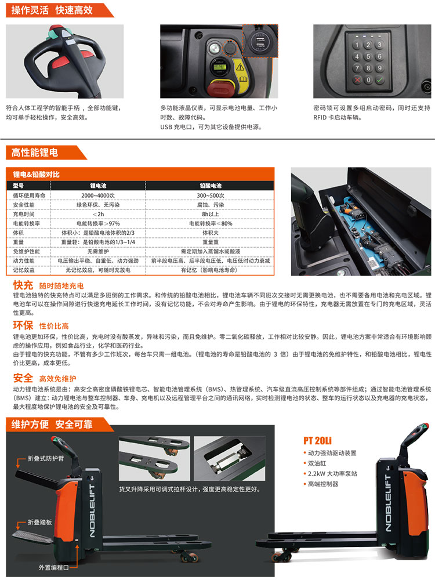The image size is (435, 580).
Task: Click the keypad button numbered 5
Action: [368, 57]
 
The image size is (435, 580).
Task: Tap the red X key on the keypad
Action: [357, 79]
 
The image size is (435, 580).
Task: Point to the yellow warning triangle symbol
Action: [240, 67]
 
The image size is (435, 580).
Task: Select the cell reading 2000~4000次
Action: [98, 195]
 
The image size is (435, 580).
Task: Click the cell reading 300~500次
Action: [211, 195]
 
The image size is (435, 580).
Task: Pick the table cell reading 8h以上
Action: [211, 214]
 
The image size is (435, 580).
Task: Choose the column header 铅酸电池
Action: [211, 186]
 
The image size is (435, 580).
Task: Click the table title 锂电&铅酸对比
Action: [36, 175]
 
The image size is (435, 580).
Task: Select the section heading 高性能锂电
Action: [34, 153]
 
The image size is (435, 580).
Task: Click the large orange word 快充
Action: [23, 285]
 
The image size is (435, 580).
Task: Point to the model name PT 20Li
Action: [317, 441]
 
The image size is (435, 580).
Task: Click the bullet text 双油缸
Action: [317, 463]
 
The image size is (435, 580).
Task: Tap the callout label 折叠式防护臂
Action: [46, 459]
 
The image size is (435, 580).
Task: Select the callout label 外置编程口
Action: [54, 567]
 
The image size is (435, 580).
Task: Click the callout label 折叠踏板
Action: [40, 523]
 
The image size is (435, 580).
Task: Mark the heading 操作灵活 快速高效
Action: [52, 10]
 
